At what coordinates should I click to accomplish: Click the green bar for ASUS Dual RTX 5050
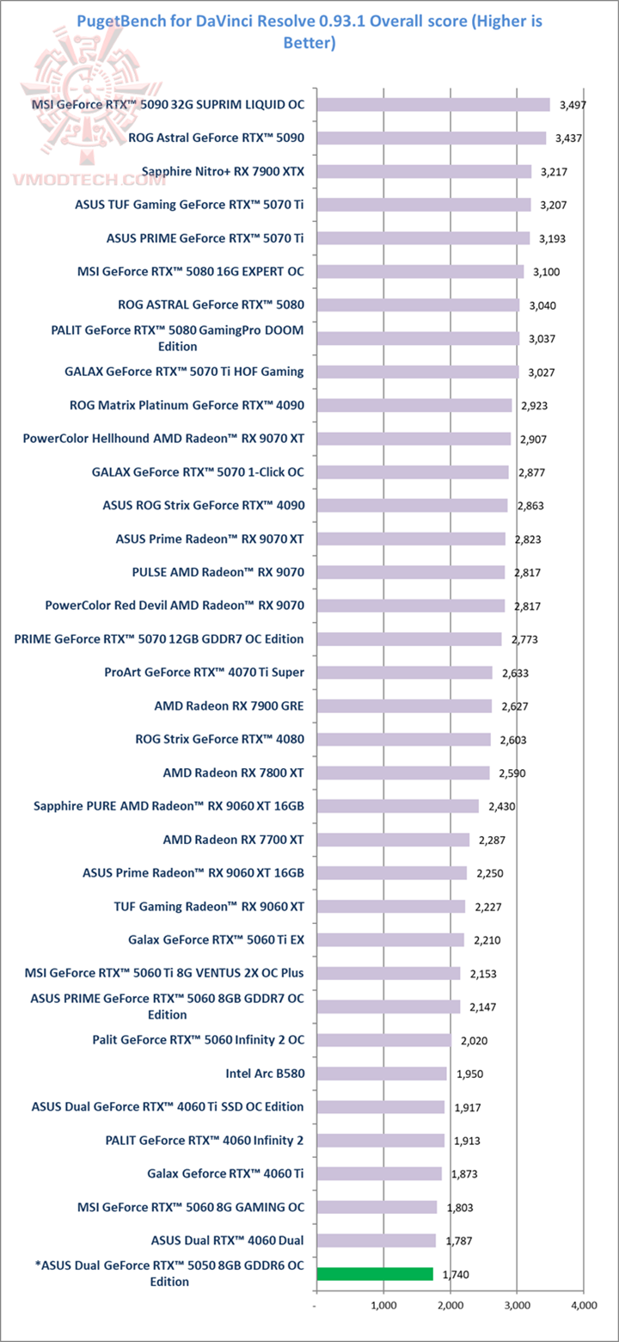click(375, 1274)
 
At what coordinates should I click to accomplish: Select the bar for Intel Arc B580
click(382, 1074)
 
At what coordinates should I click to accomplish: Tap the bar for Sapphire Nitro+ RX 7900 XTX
click(424, 171)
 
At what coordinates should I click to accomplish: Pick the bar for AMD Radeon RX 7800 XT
click(403, 773)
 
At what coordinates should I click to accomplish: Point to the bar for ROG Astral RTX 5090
click(432, 138)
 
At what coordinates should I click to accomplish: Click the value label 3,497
click(572, 105)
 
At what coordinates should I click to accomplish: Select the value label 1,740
click(455, 1275)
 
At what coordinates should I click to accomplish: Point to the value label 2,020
click(474, 1040)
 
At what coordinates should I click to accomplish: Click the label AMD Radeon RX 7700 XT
click(233, 840)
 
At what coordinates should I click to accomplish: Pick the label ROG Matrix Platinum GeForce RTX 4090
click(187, 405)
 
